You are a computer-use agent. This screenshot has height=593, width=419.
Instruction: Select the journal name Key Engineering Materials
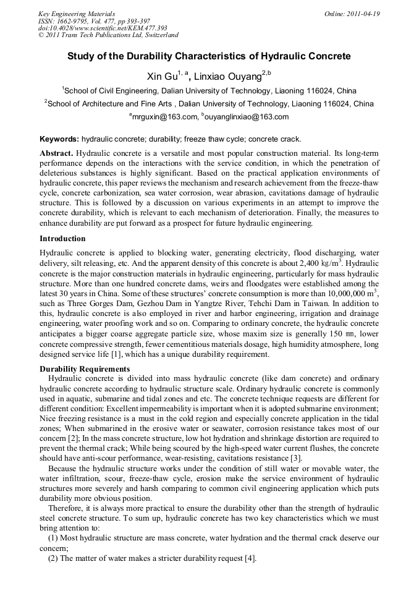click(x=77, y=14)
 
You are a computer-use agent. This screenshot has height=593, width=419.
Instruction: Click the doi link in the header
click(x=103, y=28)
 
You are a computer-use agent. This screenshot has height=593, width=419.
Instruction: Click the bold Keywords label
click(x=59, y=139)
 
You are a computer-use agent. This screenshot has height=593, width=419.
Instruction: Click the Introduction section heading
click(x=62, y=238)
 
